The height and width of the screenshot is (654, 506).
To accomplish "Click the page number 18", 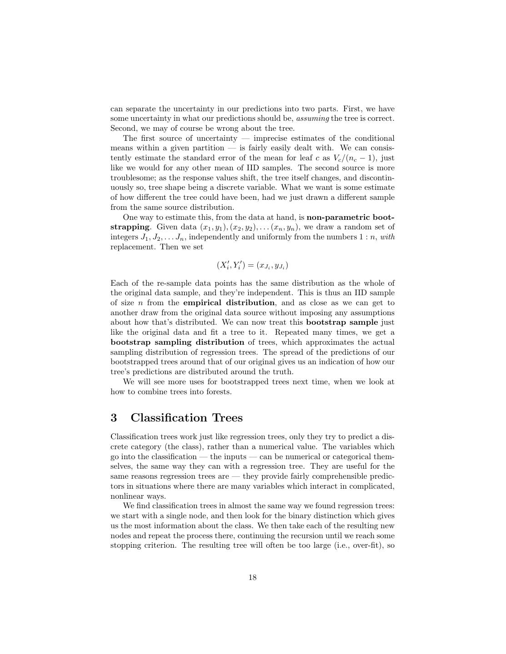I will [x=252, y=577].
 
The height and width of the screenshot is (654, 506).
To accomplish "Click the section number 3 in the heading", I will [x=114, y=418].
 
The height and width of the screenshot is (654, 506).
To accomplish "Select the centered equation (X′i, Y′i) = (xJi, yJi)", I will [x=252, y=265].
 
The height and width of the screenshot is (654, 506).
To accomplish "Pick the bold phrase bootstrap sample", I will [x=342, y=322].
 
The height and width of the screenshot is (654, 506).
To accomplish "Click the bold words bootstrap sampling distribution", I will [x=177, y=342].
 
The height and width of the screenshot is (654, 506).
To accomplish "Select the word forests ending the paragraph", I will [x=218, y=391].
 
